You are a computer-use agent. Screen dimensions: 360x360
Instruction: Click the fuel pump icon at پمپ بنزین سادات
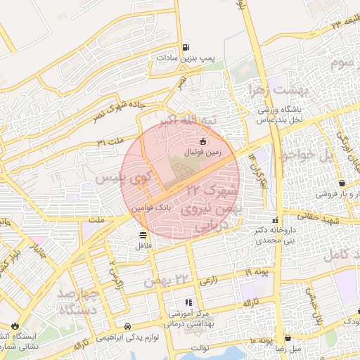[186, 48]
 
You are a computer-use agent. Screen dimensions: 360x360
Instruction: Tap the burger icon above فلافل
[143, 235]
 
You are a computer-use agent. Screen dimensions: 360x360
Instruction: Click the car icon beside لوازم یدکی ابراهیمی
[127, 326]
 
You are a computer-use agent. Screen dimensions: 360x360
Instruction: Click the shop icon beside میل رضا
[288, 337]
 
